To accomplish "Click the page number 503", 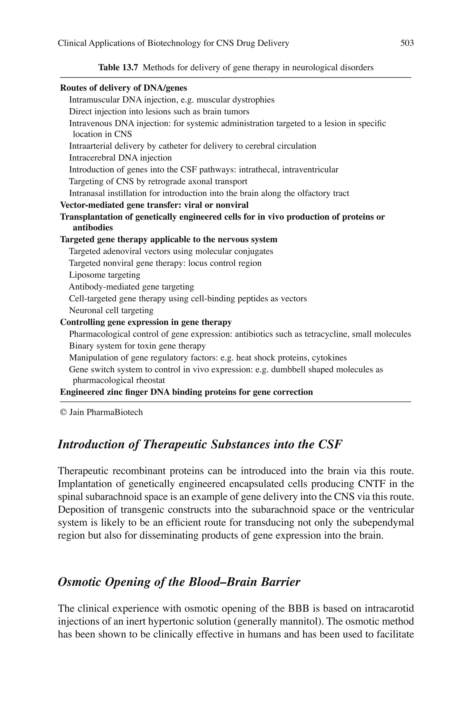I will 407,43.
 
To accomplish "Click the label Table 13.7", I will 118,67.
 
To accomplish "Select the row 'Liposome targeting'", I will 104,275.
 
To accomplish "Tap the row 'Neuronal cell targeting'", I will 111,310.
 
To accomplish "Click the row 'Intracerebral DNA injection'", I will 120,158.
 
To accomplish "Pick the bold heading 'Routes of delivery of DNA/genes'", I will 124,88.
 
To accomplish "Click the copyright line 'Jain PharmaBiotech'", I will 101,412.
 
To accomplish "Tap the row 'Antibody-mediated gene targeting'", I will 131,287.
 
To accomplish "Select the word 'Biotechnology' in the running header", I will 174,43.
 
